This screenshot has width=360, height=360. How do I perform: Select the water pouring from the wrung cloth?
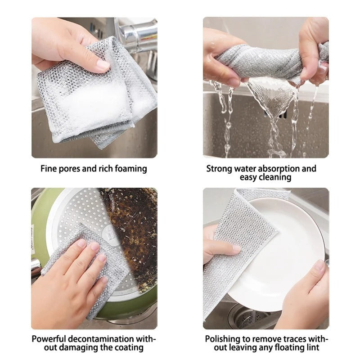(270, 108)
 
